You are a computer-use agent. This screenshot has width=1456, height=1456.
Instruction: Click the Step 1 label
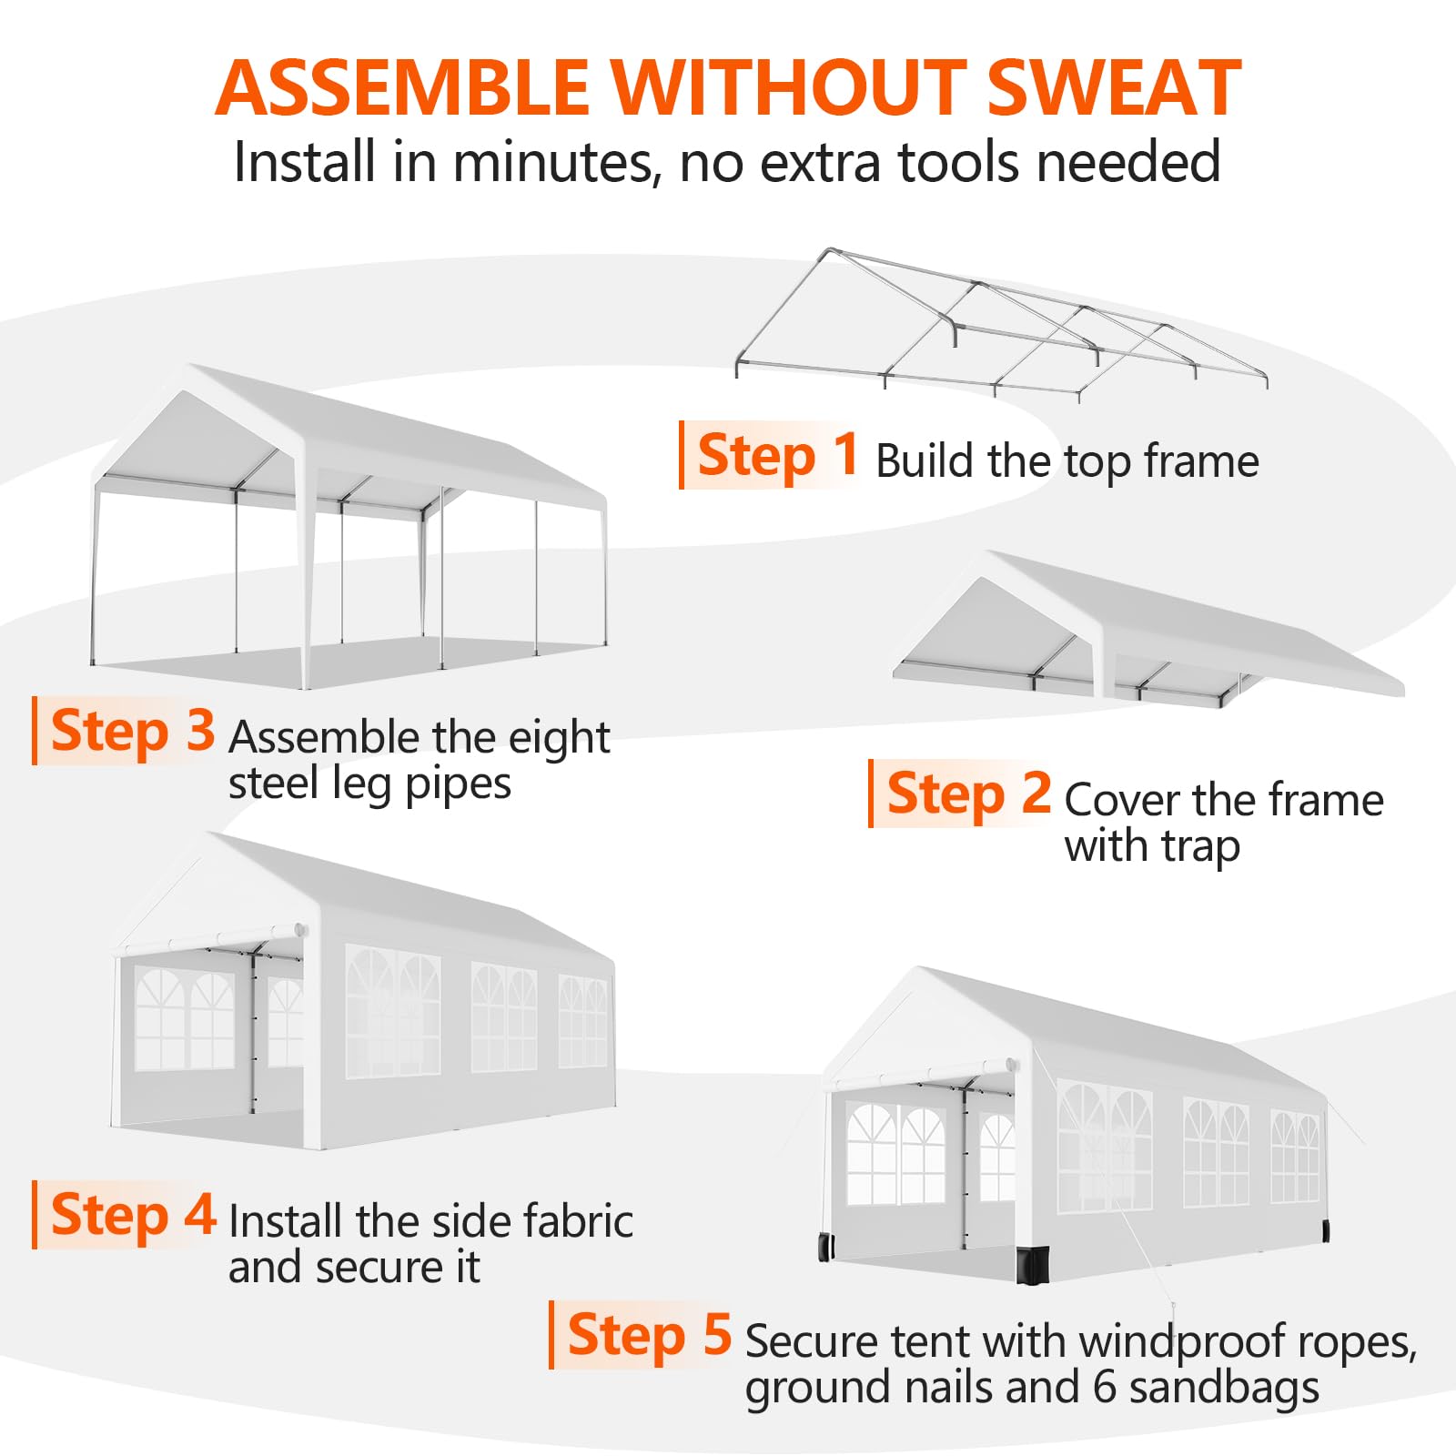pos(777,455)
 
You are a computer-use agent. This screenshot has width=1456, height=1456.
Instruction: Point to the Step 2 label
pos(968,794)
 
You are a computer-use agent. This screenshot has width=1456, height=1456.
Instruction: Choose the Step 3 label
pos(133,731)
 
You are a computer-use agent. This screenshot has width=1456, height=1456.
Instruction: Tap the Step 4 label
pos(133,1215)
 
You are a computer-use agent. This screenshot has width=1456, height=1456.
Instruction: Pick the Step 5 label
pos(650,1335)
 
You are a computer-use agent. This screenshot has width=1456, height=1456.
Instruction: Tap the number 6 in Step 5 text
pos(1104,1388)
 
